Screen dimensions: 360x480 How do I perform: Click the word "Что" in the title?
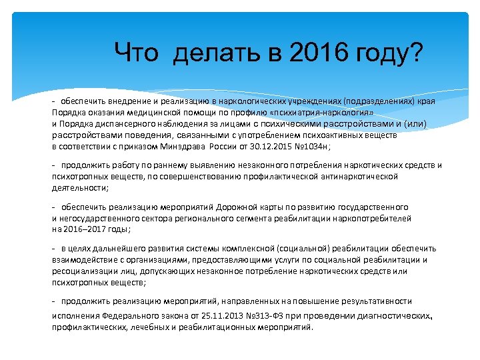pos(136,52)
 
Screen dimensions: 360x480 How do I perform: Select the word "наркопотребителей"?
pos(374,218)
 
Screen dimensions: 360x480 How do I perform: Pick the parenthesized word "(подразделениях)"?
pos(379,102)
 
